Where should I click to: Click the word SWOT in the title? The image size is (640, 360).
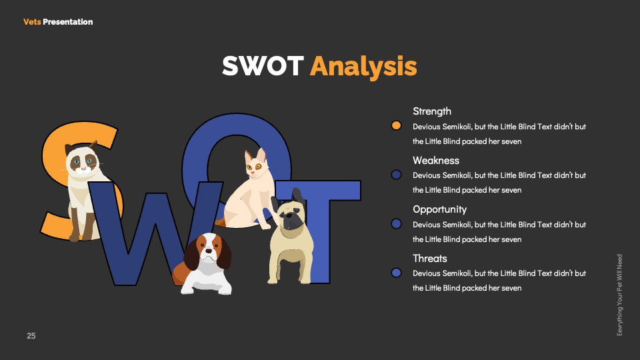(263, 66)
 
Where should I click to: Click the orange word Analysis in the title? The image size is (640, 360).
(363, 67)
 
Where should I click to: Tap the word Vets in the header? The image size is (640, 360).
(32, 22)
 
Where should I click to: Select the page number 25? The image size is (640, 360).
(31, 336)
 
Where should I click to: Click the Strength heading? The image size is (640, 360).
(432, 111)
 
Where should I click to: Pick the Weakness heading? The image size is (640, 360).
(436, 161)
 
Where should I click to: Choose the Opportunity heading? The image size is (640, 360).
(439, 210)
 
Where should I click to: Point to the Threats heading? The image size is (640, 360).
(430, 259)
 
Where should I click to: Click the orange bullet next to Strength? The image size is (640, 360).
(396, 126)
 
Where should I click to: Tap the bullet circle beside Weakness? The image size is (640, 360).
(396, 175)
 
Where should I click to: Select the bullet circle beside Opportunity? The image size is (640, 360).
(396, 224)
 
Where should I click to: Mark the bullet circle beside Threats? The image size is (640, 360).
(396, 273)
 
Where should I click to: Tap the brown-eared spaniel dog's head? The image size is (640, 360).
(208, 251)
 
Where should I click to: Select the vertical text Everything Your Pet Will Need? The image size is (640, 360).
(619, 295)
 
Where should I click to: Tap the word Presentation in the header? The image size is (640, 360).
(68, 22)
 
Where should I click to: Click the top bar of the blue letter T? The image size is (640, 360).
(319, 190)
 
